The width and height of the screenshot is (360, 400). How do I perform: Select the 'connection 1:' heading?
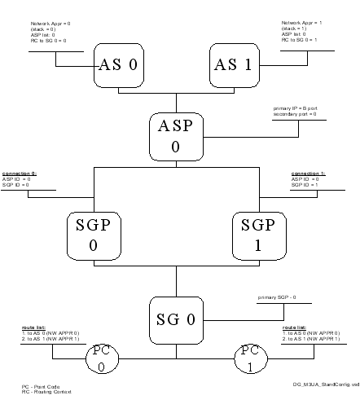pos(307,174)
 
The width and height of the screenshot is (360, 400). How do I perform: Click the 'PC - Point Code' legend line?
pos(37,385)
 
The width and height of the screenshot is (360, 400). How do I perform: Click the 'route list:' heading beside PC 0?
pos(33,326)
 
